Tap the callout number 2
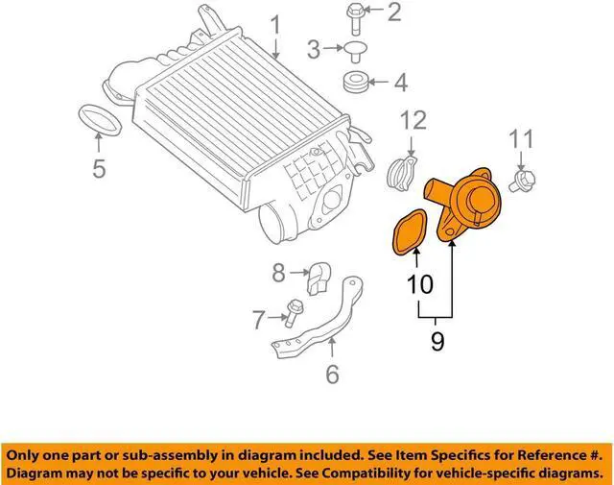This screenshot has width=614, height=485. tap(395, 12)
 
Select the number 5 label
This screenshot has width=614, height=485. tap(99, 171)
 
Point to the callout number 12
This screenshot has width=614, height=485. tap(412, 120)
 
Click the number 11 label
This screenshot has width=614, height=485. tap(520, 139)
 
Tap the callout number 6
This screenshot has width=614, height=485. tap(332, 373)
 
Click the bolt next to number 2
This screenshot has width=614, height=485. tap(353, 15)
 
